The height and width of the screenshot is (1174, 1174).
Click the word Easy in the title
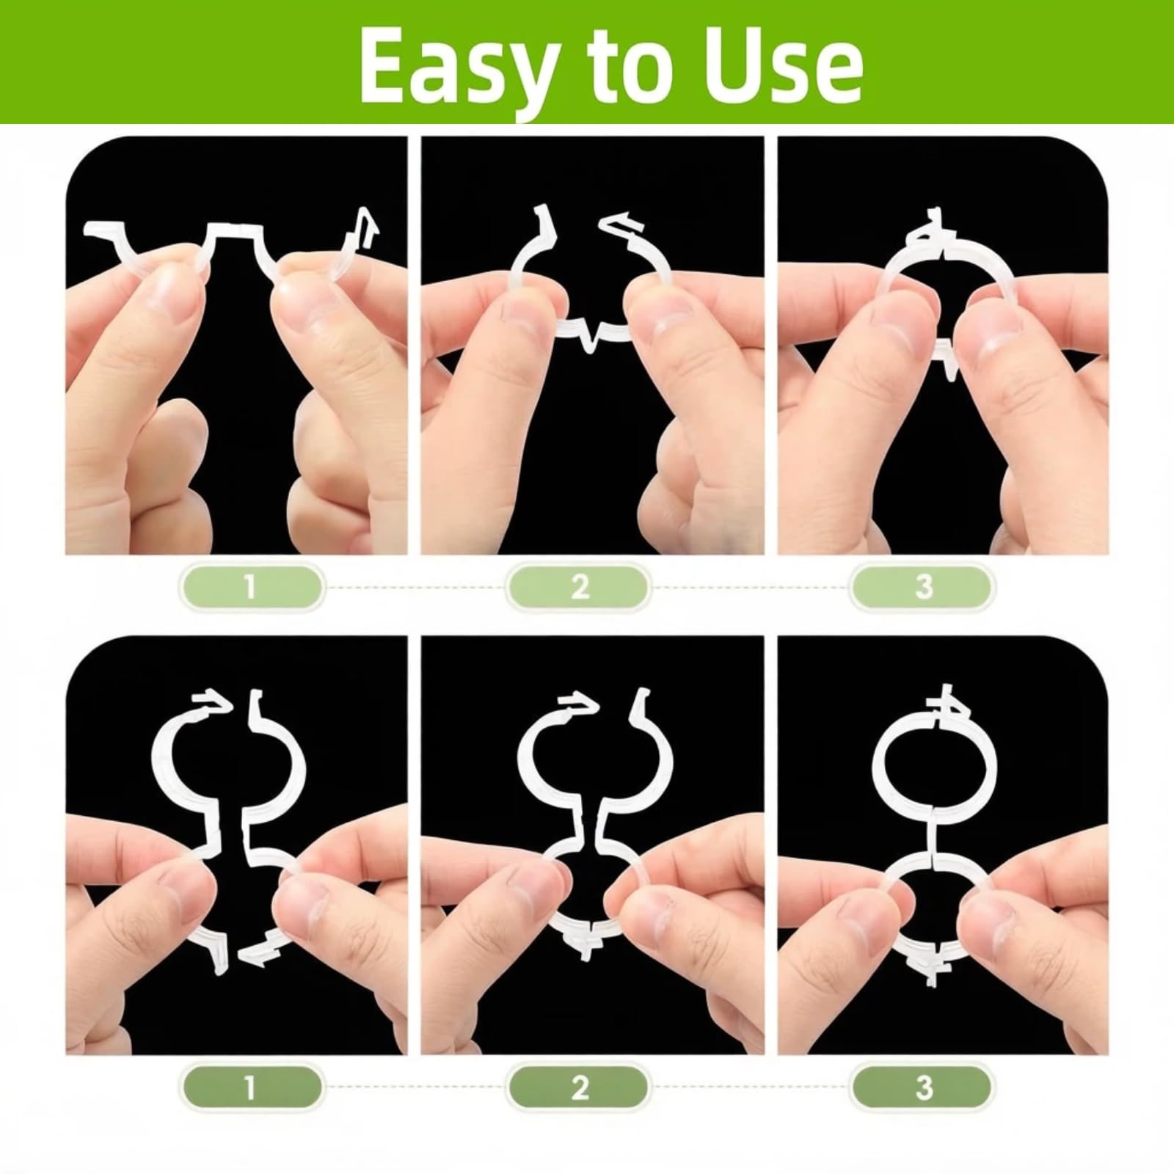click(x=456, y=68)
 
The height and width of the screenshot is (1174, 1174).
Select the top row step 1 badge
click(x=250, y=587)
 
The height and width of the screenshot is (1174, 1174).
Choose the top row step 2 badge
click(x=580, y=587)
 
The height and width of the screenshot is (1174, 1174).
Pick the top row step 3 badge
click(x=923, y=587)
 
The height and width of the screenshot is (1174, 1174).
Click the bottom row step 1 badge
click(x=250, y=1087)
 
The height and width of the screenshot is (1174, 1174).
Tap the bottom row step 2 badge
click(x=580, y=1087)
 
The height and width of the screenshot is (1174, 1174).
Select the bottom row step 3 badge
click(x=923, y=1087)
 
